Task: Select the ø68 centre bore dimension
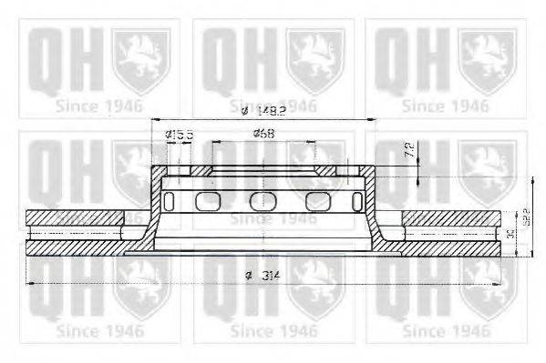pos(264,135)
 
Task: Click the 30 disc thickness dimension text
pos(510,235)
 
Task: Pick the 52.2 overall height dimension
pos(526,219)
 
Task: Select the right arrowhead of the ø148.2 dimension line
pos(375,121)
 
